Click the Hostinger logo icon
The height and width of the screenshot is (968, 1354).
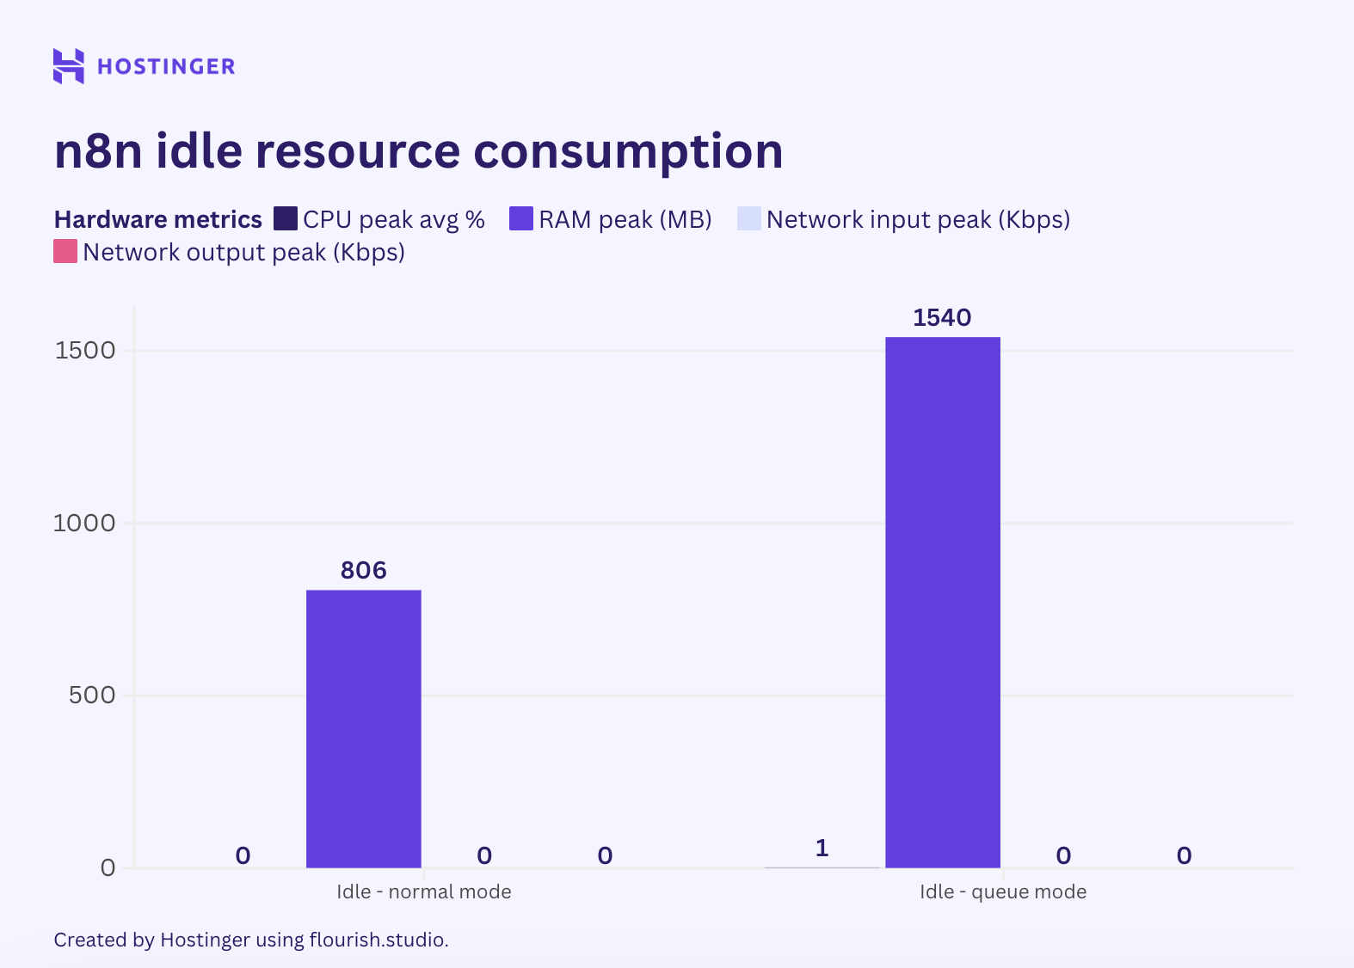tap(69, 66)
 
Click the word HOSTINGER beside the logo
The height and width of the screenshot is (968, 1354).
tap(166, 67)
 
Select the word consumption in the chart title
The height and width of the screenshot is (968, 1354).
tap(628, 151)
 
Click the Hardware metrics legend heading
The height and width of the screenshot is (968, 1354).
tap(157, 220)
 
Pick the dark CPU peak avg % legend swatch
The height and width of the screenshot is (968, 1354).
tap(286, 219)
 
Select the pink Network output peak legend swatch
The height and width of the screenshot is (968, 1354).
tap(65, 252)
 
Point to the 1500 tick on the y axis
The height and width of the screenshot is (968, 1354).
tap(85, 351)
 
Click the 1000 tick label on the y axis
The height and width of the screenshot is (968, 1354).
tap(84, 523)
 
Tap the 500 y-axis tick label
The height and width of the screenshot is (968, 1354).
tap(91, 695)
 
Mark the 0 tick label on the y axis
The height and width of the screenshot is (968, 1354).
tap(108, 867)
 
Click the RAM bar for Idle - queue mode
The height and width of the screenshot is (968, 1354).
tap(943, 602)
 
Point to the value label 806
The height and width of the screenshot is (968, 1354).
tap(364, 571)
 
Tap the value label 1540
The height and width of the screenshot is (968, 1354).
tap(942, 318)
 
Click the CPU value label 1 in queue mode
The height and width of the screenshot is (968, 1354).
tap(822, 849)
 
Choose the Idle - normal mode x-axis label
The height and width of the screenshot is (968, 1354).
tap(424, 891)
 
